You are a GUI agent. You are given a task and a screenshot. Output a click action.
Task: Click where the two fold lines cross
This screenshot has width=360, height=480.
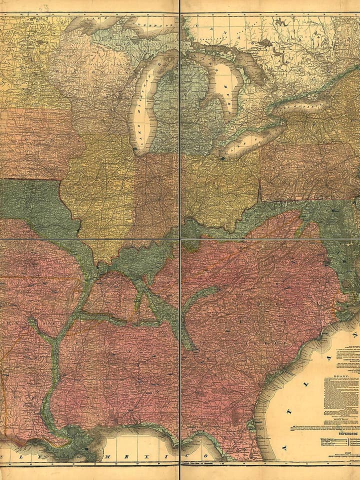[180, 239]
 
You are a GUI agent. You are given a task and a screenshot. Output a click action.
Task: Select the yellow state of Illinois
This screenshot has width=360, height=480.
[100, 190]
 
